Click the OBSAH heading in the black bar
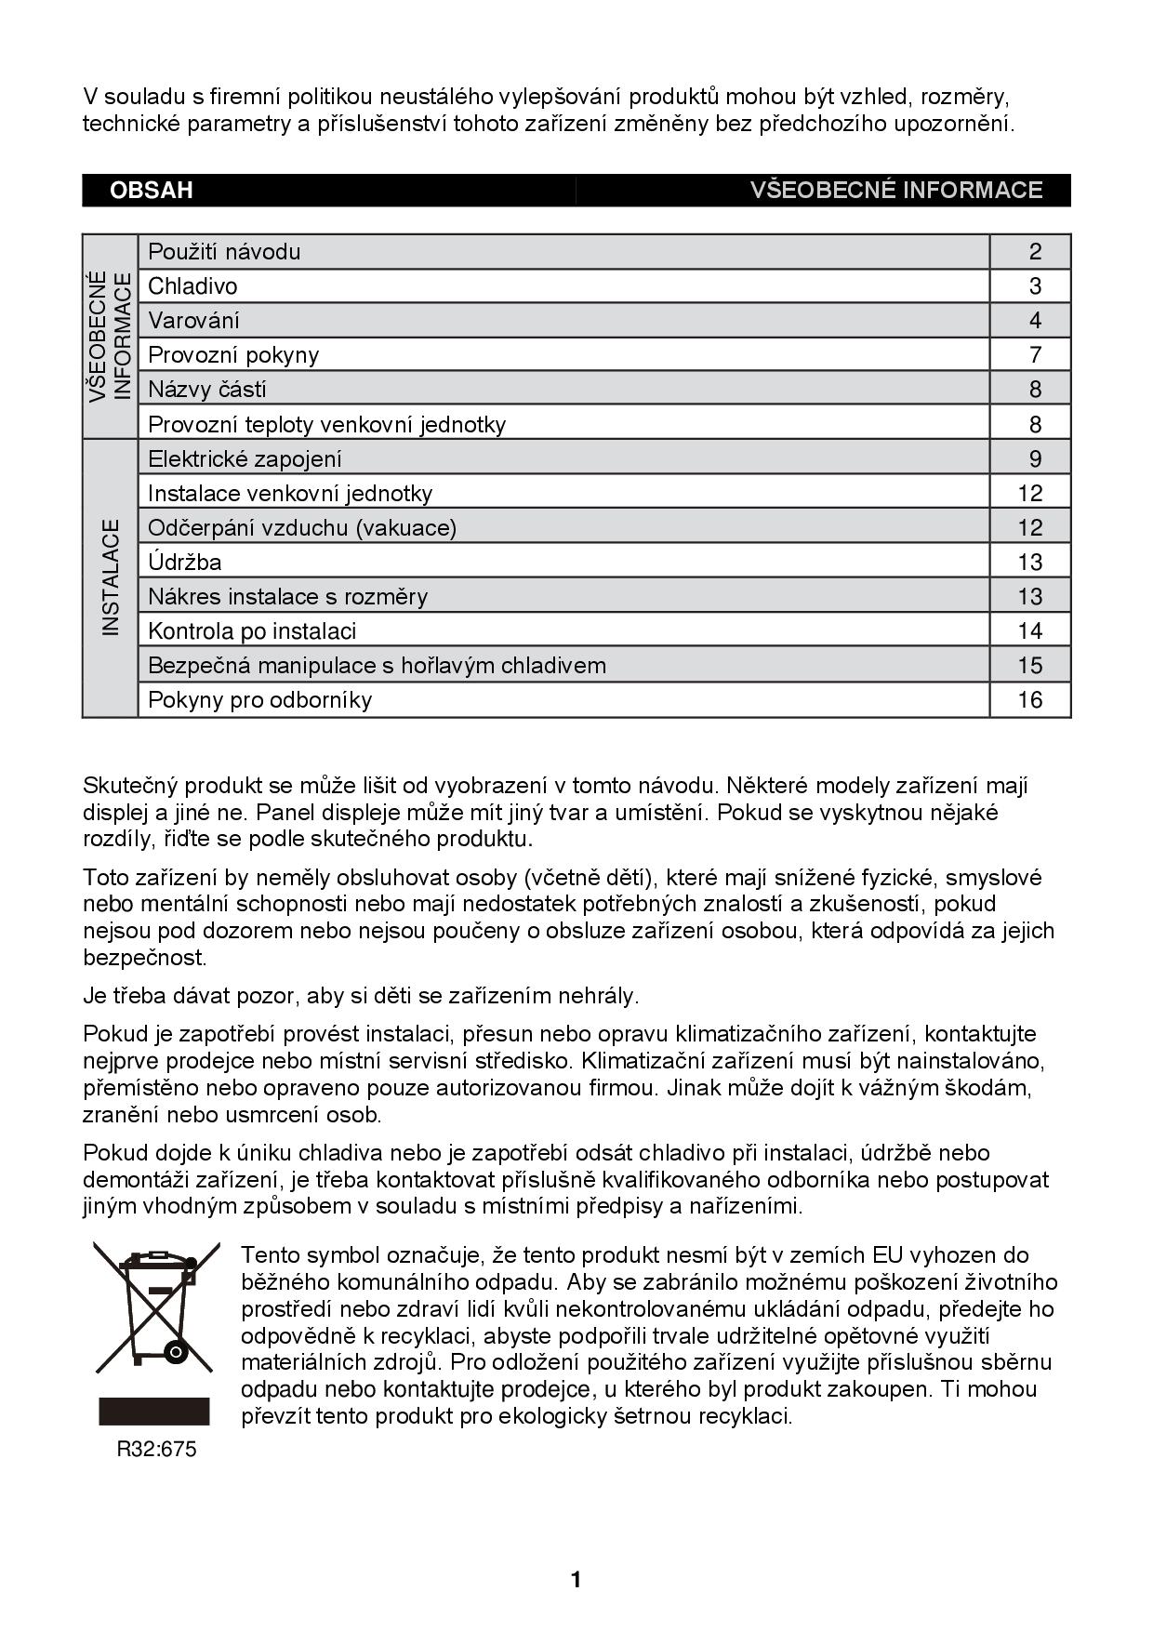pyautogui.click(x=151, y=191)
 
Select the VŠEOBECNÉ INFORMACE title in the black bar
pyautogui.click(x=895, y=191)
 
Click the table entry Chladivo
pyautogui.click(x=192, y=286)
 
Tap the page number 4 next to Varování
pyautogui.click(x=1035, y=321)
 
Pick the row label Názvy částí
pyautogui.click(x=206, y=390)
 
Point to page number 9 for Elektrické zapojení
pyautogui.click(x=1035, y=458)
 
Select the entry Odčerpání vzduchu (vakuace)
pyautogui.click(x=302, y=528)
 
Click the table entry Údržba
pyautogui.click(x=184, y=563)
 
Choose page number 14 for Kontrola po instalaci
pyautogui.click(x=1030, y=631)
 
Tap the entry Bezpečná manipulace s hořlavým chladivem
pyautogui.click(x=377, y=666)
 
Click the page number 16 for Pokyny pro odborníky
pyautogui.click(x=1030, y=700)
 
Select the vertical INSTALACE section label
pyautogui.click(x=111, y=577)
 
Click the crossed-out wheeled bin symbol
pyautogui.click(x=156, y=1306)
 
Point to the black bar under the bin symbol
pyautogui.click(x=154, y=1411)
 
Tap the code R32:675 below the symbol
pyautogui.click(x=156, y=1450)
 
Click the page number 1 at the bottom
pyautogui.click(x=576, y=1580)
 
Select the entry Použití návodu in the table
pyautogui.click(x=224, y=252)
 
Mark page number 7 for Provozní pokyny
pyautogui.click(x=1035, y=355)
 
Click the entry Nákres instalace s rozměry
pyautogui.click(x=287, y=597)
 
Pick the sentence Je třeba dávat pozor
pyautogui.click(x=361, y=996)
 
